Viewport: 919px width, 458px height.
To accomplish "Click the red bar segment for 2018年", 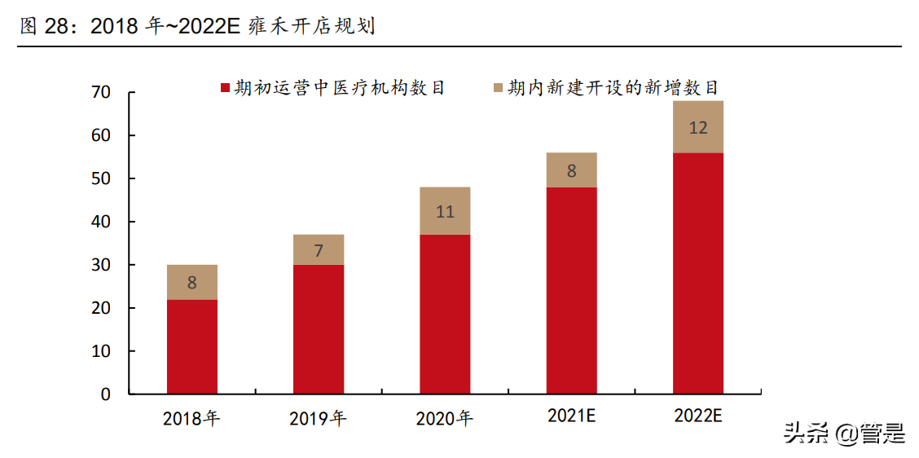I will [x=191, y=347].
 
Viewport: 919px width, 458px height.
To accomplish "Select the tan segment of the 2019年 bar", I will [x=318, y=249].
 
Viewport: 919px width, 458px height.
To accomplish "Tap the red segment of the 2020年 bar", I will [x=445, y=314].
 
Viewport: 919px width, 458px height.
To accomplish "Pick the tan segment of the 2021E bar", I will [x=571, y=170].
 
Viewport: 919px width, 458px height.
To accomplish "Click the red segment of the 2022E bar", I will [x=698, y=273].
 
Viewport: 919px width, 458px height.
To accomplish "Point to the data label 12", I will [x=698, y=128].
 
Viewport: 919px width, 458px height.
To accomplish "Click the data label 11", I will [x=445, y=212].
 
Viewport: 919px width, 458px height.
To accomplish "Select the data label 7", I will [x=318, y=250].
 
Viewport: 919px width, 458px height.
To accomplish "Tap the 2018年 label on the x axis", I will [x=191, y=420].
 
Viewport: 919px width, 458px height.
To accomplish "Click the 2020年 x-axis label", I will [x=445, y=420].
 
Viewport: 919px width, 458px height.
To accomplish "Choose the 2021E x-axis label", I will [x=571, y=416].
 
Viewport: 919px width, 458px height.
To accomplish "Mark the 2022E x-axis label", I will [x=698, y=416].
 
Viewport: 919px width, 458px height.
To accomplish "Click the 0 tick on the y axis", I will [x=105, y=394].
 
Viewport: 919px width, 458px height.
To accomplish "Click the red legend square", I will [x=226, y=87].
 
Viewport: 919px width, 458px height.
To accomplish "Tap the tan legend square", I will [x=499, y=87].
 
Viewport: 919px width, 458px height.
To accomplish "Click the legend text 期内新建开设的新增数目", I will [x=613, y=87].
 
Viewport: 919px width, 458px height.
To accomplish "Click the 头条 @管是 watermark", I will [x=844, y=434].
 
